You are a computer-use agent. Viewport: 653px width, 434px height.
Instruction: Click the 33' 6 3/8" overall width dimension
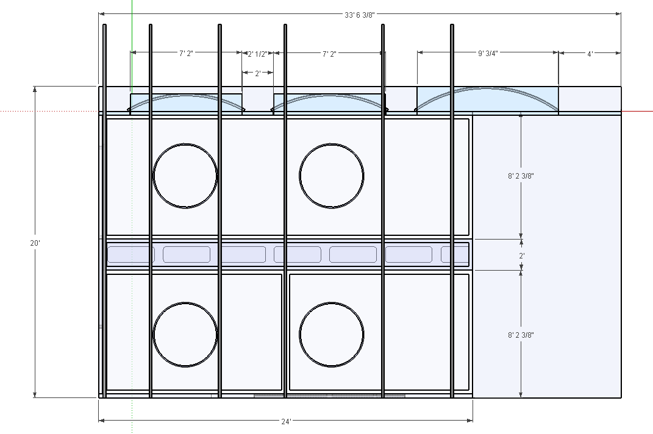tap(359, 15)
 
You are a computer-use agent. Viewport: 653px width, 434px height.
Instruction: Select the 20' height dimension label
tap(35, 243)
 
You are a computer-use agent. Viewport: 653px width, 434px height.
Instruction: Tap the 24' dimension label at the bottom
tap(286, 422)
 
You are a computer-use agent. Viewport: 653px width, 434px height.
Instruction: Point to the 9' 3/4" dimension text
tap(488, 53)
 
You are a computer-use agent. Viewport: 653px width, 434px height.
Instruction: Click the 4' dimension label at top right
tap(590, 54)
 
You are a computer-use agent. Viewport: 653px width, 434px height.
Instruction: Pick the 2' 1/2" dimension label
tap(257, 54)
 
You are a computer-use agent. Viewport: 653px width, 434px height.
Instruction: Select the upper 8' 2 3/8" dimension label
tap(521, 176)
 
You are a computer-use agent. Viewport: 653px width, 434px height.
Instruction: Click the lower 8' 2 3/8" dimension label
tap(521, 335)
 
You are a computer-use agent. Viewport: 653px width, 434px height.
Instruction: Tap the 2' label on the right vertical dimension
tap(521, 256)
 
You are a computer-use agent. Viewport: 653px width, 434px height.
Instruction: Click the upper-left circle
tap(185, 144)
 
